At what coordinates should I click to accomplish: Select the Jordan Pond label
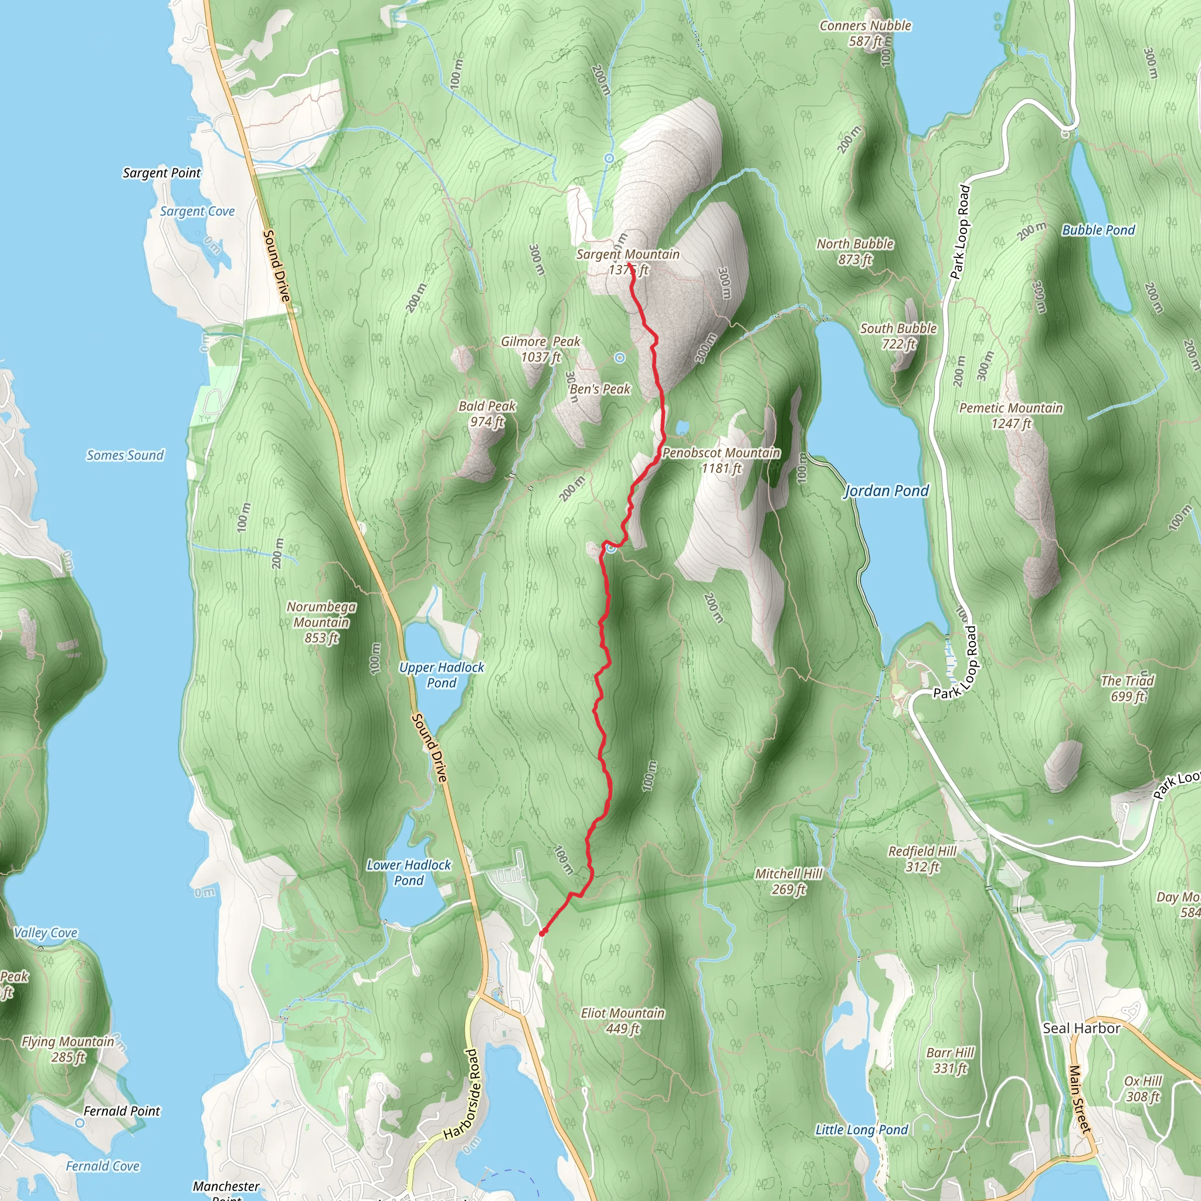[x=886, y=491]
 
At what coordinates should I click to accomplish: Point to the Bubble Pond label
[x=1098, y=230]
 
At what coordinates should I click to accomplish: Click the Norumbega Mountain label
[x=321, y=622]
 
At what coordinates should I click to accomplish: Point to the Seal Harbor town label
[x=1081, y=1028]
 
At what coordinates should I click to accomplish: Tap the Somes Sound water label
[x=125, y=455]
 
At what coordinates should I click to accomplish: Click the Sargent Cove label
[x=197, y=211]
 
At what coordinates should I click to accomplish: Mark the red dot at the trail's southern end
[x=542, y=932]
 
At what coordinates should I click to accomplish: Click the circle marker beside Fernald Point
[x=80, y=1122]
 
